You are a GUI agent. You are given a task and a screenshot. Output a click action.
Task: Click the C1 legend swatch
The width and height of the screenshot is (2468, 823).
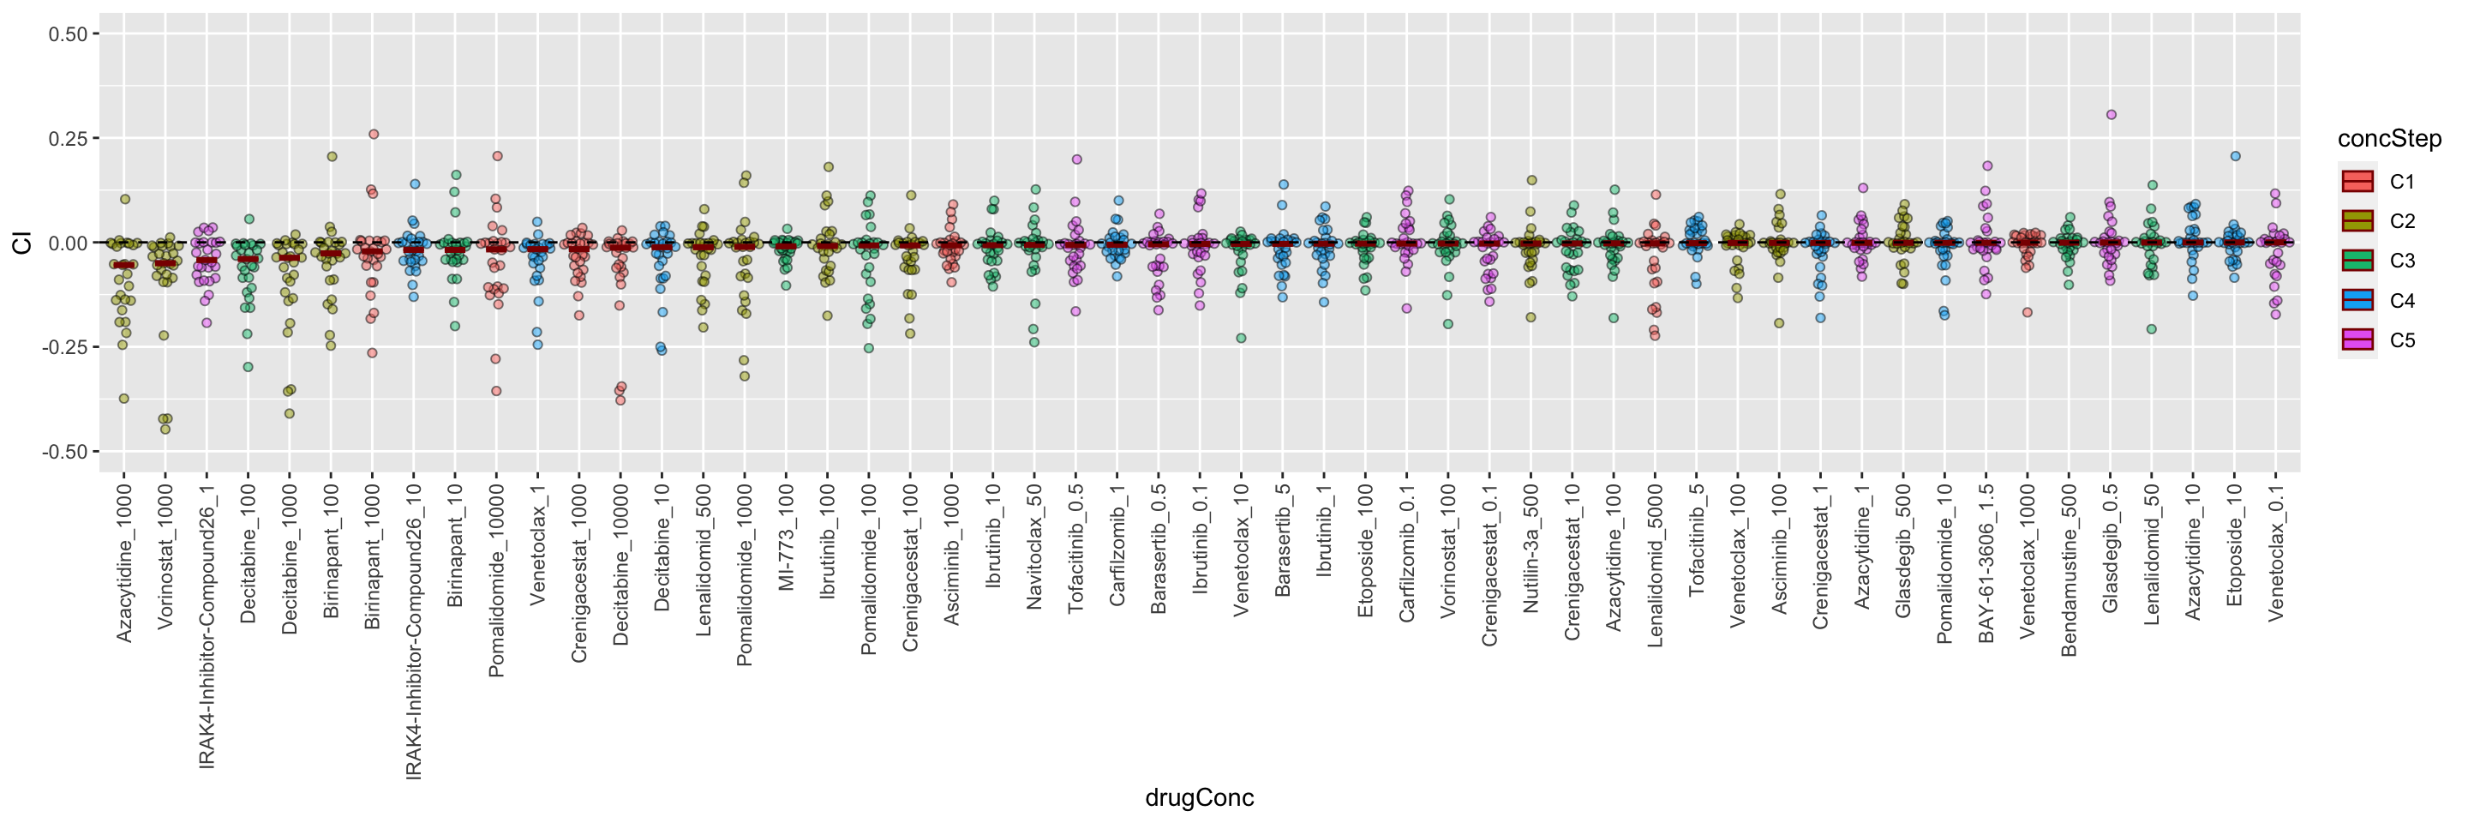2357,181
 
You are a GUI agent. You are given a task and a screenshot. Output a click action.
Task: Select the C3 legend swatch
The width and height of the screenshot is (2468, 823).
2357,261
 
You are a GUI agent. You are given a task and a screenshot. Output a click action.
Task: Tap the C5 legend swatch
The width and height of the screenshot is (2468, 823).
2357,340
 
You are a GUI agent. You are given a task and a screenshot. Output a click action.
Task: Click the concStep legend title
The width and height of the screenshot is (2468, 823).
2389,139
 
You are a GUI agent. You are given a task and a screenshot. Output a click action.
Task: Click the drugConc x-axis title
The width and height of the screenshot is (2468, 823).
1199,797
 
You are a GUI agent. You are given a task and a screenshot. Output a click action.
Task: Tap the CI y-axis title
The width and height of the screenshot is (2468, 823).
22,243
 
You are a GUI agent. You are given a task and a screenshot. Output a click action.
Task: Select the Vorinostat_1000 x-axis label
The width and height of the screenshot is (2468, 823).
165,556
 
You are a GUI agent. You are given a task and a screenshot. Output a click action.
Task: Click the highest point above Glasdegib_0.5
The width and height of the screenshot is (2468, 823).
2111,115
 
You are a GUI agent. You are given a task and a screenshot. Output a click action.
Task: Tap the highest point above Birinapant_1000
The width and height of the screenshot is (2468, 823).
374,134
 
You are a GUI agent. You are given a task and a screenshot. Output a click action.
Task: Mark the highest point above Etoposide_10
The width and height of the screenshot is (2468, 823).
2235,156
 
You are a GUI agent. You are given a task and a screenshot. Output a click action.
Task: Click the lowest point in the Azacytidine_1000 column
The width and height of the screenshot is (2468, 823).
123,399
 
